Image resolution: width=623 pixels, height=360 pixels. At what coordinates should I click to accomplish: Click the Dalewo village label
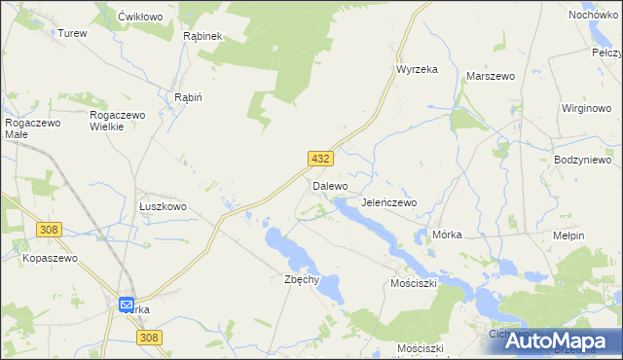[x=330, y=185]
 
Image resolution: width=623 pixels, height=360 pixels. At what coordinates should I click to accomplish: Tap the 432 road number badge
[x=322, y=158]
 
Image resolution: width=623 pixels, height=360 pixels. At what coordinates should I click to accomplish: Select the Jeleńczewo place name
[x=388, y=202]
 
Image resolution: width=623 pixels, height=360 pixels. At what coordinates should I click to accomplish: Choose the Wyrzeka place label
[x=417, y=70]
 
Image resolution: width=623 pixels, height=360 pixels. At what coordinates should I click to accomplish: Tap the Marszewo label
[x=491, y=75]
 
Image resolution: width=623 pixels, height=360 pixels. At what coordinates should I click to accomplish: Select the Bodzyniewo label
[x=581, y=160]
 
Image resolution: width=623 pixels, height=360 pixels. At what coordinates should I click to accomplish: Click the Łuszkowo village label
[x=163, y=207]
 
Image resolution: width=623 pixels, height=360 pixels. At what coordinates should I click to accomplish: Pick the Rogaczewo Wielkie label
[x=117, y=121]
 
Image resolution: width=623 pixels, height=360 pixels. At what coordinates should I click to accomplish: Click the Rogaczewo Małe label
[x=33, y=128]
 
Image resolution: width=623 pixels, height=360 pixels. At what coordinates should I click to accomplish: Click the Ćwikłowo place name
[x=138, y=18]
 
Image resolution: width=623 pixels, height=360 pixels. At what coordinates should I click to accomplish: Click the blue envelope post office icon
[x=128, y=305]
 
